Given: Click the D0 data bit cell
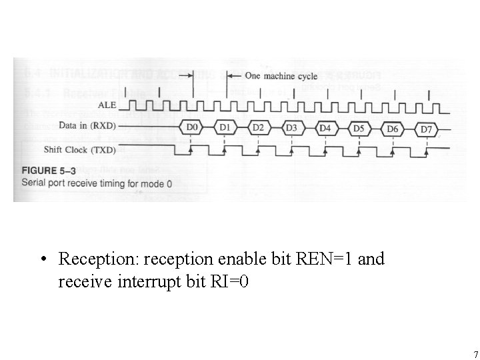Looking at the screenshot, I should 192,126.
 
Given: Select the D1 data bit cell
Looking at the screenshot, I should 225,126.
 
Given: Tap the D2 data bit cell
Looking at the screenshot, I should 258,127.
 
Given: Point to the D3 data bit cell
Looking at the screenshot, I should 291,127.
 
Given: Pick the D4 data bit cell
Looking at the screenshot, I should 325,127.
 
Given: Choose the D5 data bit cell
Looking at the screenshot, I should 359,128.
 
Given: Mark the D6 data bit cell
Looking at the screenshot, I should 393,129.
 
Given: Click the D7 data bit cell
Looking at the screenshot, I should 426,129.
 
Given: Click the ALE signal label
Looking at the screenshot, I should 107,105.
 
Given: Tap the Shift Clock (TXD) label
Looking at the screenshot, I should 81,149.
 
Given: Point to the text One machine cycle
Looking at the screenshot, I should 281,76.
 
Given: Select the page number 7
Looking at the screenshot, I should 475,354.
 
